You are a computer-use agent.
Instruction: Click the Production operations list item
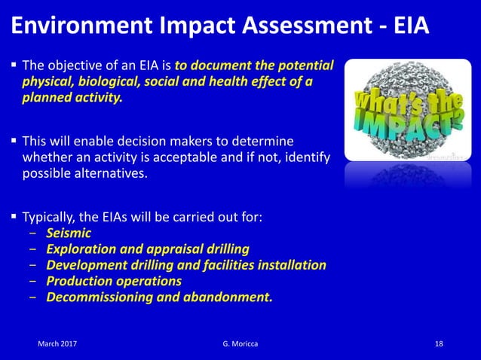point(114,281)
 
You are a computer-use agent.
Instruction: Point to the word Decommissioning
point(100,297)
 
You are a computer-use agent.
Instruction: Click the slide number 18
point(440,343)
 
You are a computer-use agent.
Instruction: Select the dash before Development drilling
point(32,266)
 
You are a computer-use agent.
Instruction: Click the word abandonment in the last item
point(230,297)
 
